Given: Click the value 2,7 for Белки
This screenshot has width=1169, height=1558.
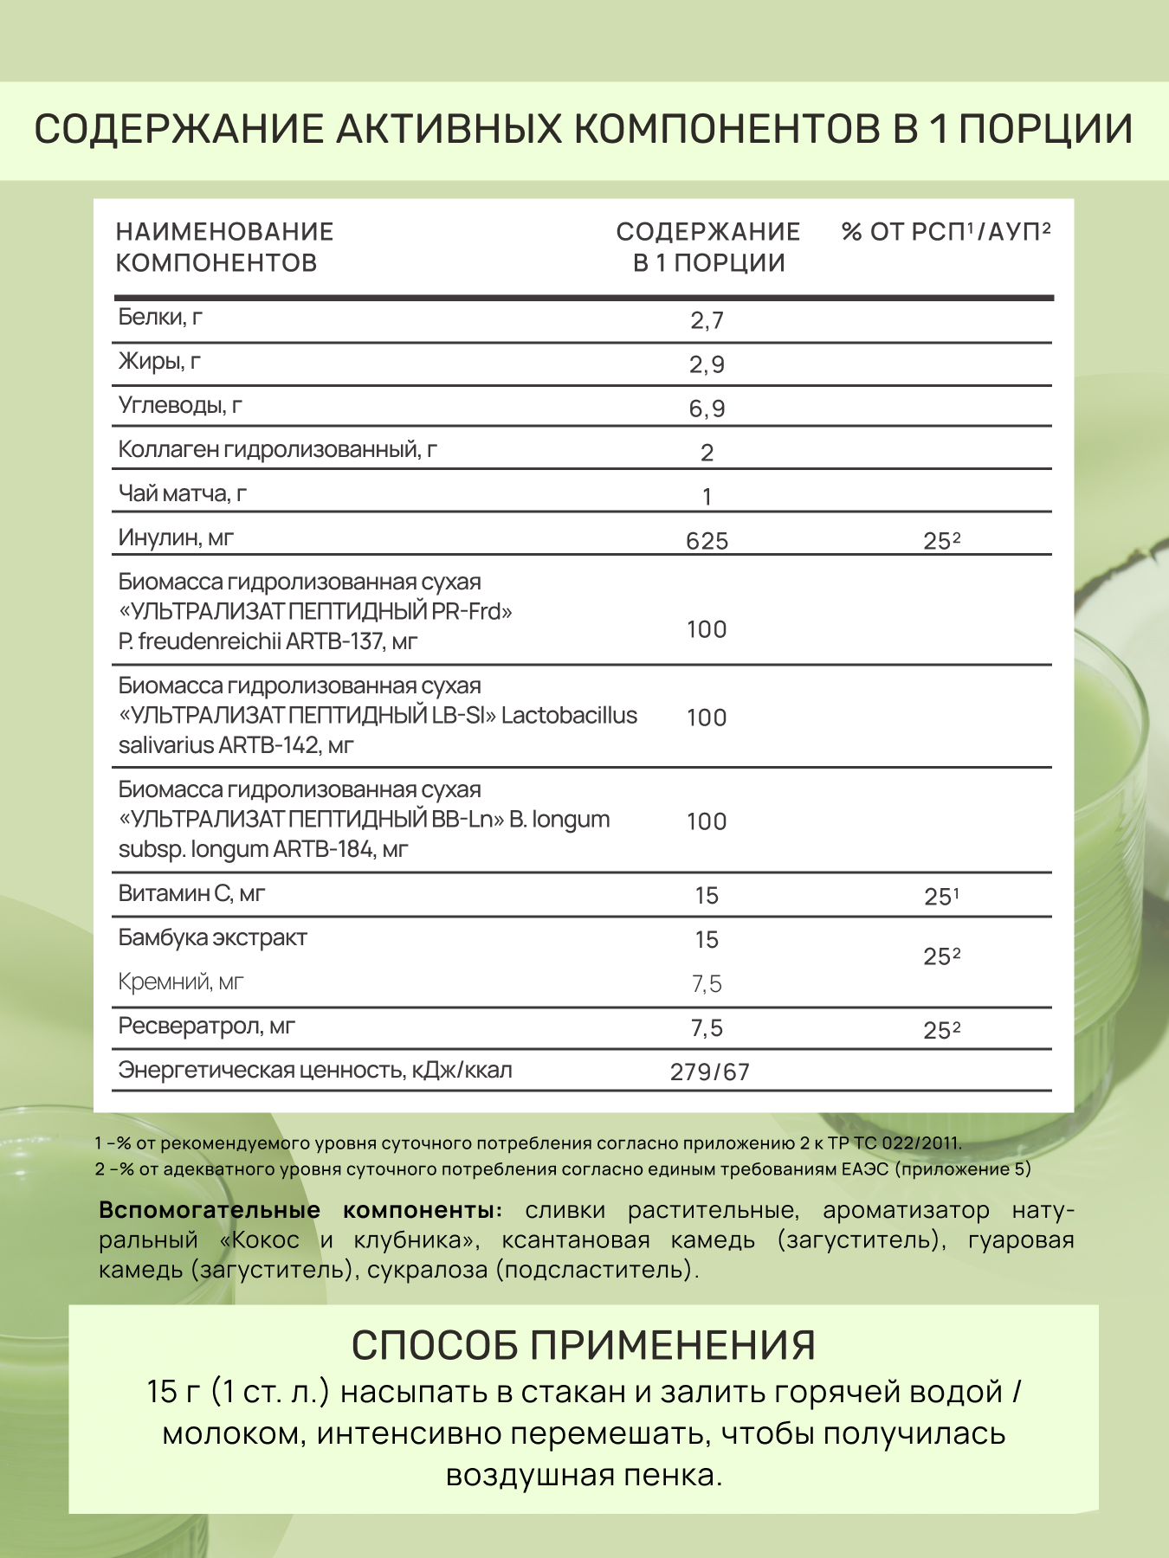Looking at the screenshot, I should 707,321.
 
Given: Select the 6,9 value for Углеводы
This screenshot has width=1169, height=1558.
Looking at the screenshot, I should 707,409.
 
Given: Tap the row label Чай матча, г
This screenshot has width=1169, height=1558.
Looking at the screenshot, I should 183,494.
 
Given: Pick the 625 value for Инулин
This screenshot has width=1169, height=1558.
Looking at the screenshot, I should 707,541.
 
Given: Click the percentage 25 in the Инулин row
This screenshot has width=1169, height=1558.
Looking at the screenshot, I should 941,541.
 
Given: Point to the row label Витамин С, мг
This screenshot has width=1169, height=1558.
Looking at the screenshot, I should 191,894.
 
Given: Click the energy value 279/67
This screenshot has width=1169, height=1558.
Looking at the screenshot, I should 710,1072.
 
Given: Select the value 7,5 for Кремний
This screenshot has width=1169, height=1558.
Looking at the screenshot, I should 707,984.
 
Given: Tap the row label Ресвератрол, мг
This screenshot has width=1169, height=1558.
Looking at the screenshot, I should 207,1027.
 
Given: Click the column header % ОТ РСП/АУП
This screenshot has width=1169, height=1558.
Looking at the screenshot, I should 946,232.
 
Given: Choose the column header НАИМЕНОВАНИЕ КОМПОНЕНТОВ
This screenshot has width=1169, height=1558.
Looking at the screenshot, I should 224,247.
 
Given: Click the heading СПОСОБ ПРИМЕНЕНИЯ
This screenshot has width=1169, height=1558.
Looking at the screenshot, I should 584,1345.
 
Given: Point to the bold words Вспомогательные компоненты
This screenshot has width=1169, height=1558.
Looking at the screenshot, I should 300,1210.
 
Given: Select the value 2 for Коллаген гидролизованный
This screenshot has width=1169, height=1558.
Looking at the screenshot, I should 707,453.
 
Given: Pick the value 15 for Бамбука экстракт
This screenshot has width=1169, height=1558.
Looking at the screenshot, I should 707,940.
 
